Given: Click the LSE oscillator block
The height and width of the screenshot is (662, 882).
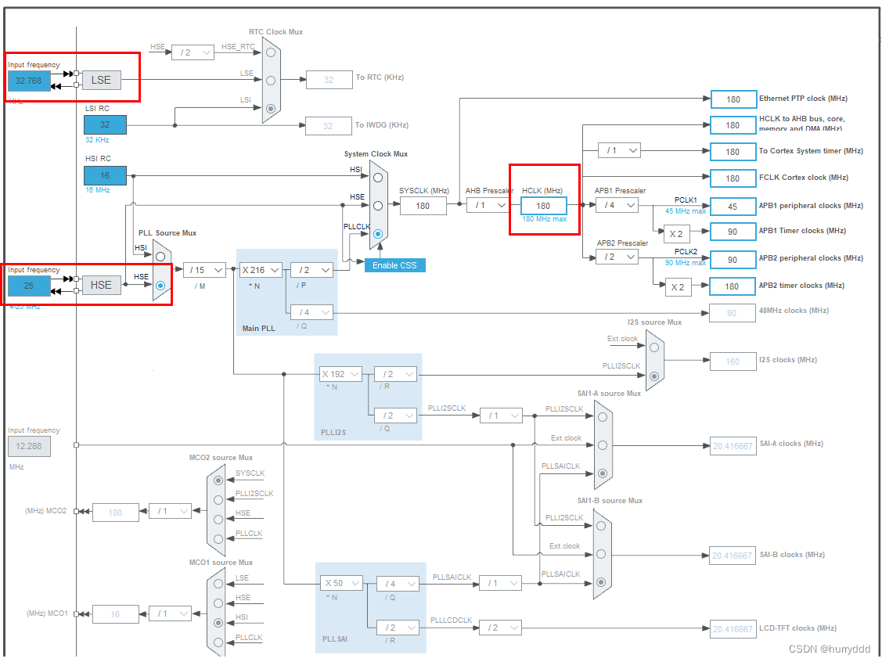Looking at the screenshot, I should [101, 80].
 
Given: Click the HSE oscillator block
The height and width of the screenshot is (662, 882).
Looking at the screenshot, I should [101, 285].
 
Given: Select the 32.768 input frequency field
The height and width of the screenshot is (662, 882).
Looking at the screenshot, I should [28, 80].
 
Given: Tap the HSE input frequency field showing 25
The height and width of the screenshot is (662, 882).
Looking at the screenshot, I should [28, 286].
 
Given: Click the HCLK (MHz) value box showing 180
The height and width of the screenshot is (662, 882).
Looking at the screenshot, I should [543, 205].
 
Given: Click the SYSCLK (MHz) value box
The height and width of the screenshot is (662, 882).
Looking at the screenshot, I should [423, 205].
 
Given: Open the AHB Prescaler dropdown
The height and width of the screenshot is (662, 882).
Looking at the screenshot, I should [488, 205].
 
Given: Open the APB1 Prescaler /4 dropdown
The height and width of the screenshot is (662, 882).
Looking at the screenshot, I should [616, 205].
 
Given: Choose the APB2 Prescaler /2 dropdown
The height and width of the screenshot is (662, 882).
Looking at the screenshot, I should [616, 257].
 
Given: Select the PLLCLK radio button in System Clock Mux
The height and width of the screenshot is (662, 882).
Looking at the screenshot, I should [378, 233].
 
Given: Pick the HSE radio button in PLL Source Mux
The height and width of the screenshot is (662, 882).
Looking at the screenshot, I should [160, 286].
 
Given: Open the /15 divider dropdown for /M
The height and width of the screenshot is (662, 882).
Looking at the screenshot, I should [204, 270].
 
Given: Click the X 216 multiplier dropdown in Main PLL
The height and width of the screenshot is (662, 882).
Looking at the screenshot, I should [261, 270].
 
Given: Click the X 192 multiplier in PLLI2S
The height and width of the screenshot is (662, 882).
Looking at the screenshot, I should [341, 374].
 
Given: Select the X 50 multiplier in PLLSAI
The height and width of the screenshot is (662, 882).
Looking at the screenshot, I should [342, 583].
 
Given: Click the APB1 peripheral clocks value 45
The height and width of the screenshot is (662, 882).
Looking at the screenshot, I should [733, 206].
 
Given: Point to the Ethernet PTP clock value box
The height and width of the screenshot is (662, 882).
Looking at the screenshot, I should [733, 99].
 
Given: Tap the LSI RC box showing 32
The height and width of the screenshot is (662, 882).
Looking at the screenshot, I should [105, 124].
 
